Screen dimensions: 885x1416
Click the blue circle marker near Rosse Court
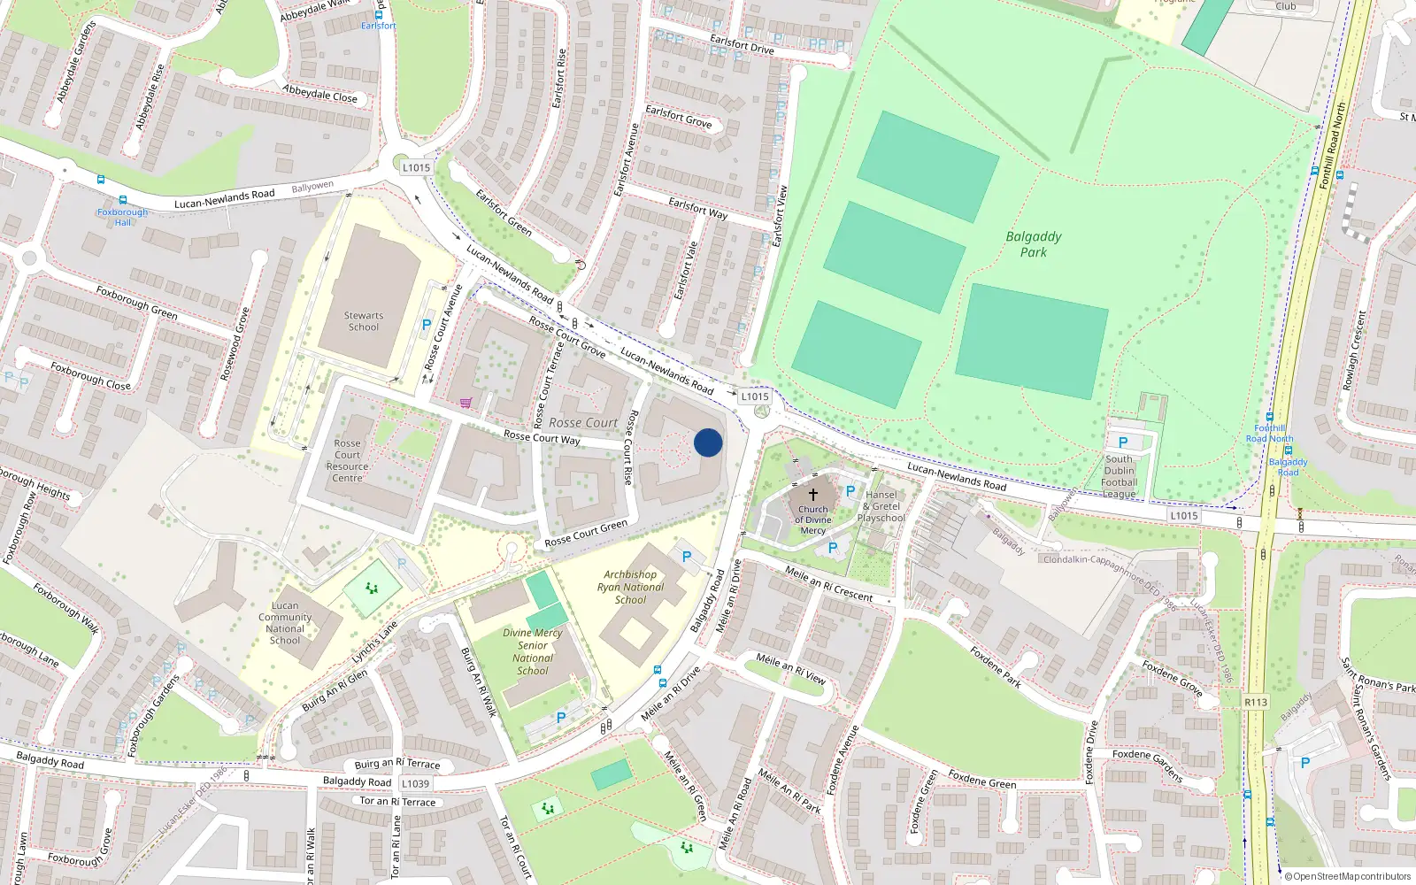pyautogui.click(x=708, y=442)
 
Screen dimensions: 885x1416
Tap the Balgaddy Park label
pyautogui.click(x=1033, y=244)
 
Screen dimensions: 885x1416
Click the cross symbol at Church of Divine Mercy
pyautogui.click(x=812, y=495)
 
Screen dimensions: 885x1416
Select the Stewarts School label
pyautogui.click(x=363, y=321)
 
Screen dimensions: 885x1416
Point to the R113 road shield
pyautogui.click(x=1255, y=702)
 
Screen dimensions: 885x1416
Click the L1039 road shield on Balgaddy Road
pyautogui.click(x=415, y=783)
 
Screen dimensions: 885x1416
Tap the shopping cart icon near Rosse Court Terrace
pyautogui.click(x=466, y=403)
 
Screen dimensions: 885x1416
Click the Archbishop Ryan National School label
pyautogui.click(x=630, y=587)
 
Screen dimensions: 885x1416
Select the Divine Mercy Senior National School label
pyautogui.click(x=532, y=651)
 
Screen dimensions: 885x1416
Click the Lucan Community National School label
pyautogui.click(x=285, y=623)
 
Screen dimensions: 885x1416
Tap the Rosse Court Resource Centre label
pyautogui.click(x=347, y=460)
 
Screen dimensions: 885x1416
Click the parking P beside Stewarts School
pyautogui.click(x=427, y=325)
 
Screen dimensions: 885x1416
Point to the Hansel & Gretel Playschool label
pyautogui.click(x=881, y=506)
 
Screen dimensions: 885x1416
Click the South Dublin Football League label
pyautogui.click(x=1119, y=476)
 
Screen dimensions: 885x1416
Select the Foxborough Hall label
pyautogui.click(x=122, y=217)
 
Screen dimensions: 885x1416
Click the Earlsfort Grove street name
pyautogui.click(x=678, y=116)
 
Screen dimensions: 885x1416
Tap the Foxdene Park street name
pyautogui.click(x=995, y=666)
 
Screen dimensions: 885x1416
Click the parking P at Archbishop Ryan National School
pyautogui.click(x=687, y=557)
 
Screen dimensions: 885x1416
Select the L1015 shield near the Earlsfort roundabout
pyautogui.click(x=415, y=167)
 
